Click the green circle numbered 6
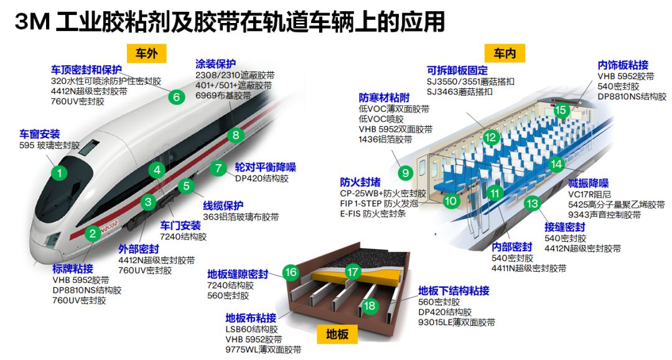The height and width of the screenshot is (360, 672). [176, 97]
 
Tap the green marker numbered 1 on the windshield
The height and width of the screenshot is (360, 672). [60, 173]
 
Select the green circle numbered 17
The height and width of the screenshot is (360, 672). [353, 272]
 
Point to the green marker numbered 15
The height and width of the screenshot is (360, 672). [561, 110]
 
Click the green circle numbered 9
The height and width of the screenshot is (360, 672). [406, 173]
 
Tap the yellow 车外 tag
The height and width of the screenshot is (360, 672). [147, 53]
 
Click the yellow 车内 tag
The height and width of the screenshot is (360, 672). [505, 53]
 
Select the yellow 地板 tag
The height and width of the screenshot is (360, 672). [337, 334]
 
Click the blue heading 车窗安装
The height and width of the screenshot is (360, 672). [40, 134]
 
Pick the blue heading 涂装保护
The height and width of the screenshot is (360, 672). [215, 64]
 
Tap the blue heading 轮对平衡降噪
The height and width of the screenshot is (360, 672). [265, 167]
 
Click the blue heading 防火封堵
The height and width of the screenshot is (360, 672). [360, 182]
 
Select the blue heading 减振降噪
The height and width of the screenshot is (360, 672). [589, 183]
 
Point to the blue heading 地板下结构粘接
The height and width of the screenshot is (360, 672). [454, 290]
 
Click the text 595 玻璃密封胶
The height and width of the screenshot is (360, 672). [49, 145]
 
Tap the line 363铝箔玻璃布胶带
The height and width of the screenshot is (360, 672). [241, 217]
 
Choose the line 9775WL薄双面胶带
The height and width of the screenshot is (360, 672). [263, 349]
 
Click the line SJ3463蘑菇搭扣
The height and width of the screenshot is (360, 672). [459, 91]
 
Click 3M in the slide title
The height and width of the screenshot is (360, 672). [32, 21]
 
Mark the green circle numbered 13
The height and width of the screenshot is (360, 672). [532, 203]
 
